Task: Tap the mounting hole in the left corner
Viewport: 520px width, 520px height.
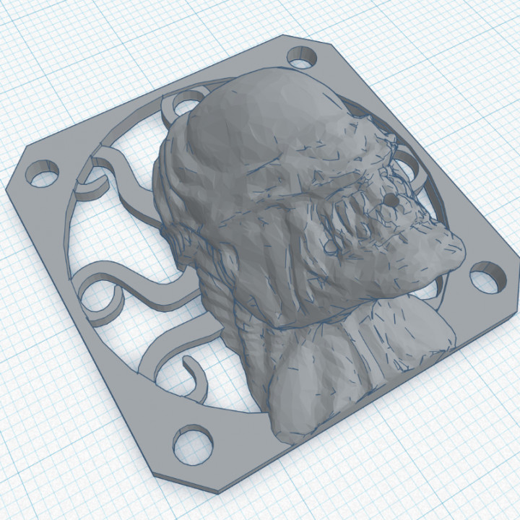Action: click(43, 174)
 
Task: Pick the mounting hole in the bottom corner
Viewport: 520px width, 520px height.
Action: click(191, 441)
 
